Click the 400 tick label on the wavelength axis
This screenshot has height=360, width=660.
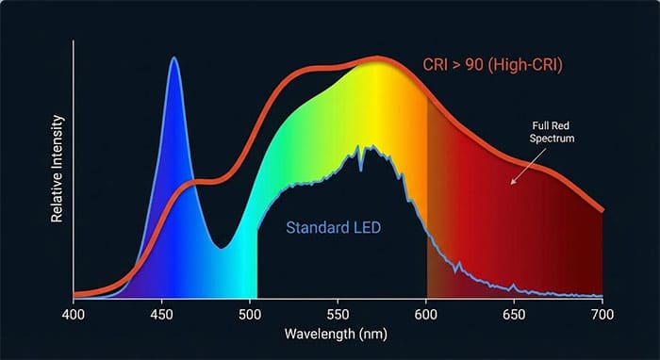[74, 312]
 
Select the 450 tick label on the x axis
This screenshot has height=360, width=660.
[161, 312]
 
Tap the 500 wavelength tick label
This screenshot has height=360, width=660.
[250, 312]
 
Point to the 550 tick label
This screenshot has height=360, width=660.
[338, 312]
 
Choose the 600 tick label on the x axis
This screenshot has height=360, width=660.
[426, 312]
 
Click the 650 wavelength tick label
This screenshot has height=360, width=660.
[514, 312]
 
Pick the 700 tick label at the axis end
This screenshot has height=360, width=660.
[602, 312]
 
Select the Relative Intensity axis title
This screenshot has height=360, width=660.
[33, 169]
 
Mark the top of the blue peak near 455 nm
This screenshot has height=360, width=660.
[173, 57]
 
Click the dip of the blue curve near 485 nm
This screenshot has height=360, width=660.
[222, 248]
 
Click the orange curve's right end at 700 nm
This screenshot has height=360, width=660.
[602, 209]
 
